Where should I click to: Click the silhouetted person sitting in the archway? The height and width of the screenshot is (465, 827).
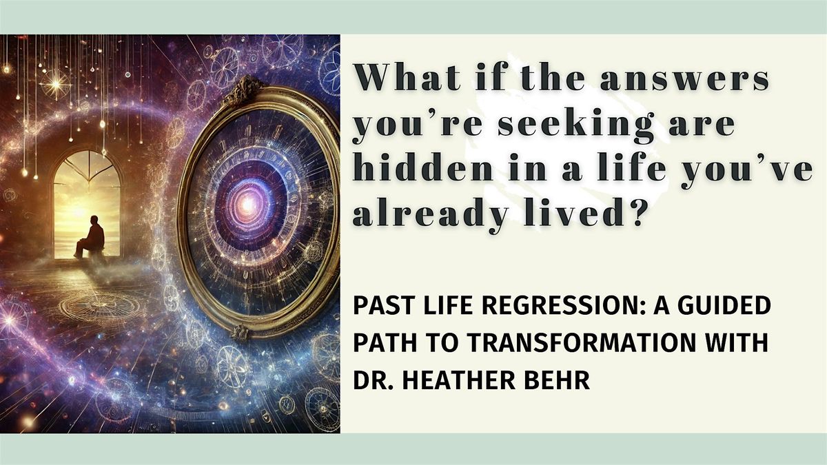click(x=92, y=236)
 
